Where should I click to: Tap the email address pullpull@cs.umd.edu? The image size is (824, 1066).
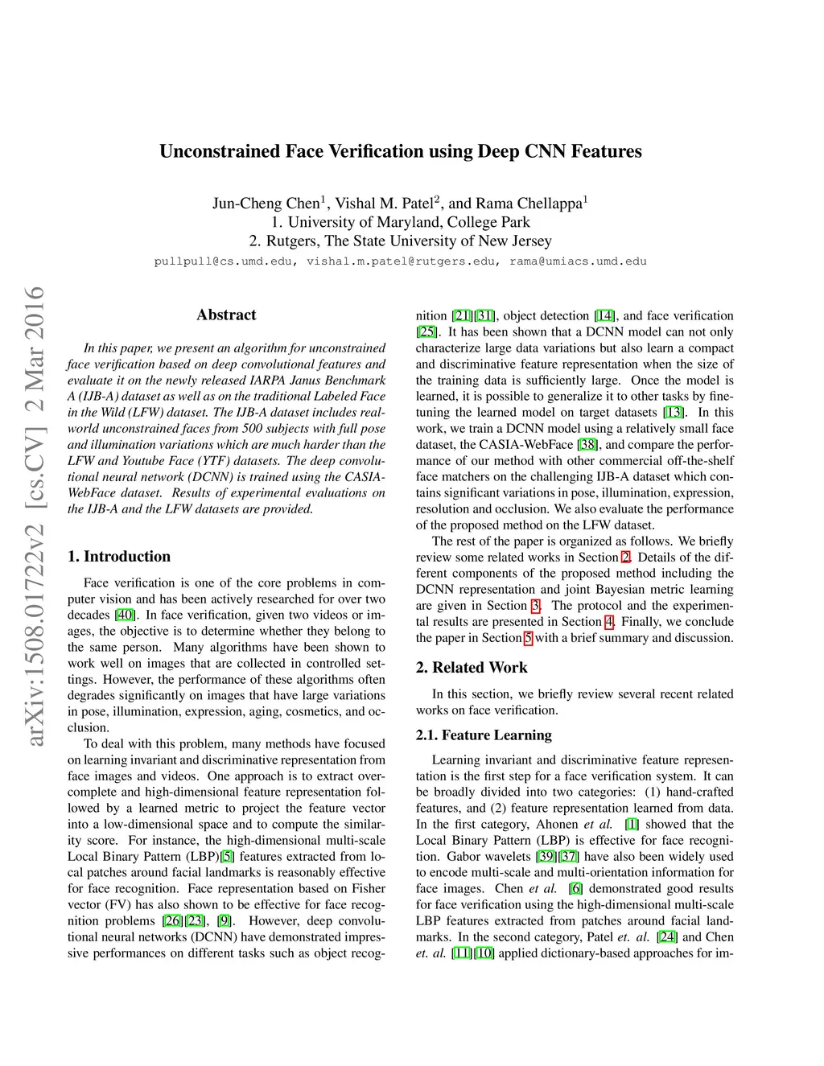[223, 261]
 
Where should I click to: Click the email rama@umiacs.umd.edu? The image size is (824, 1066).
[578, 261]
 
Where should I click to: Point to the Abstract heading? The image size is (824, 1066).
[226, 315]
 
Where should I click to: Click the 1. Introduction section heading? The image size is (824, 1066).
[119, 557]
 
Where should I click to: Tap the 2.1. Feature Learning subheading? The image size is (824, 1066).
[484, 735]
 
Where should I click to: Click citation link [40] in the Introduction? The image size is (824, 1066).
[125, 615]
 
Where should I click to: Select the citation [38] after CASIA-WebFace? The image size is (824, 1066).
[588, 445]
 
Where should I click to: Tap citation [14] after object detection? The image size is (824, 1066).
[604, 316]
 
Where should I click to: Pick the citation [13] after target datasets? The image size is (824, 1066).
[674, 413]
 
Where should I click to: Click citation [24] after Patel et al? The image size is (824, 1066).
[666, 937]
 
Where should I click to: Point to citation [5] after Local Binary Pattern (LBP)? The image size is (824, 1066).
[228, 857]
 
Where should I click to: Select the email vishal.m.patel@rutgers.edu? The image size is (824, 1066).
[401, 261]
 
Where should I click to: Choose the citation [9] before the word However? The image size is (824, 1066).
[224, 921]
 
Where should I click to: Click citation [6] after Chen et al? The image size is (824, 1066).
[575, 889]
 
